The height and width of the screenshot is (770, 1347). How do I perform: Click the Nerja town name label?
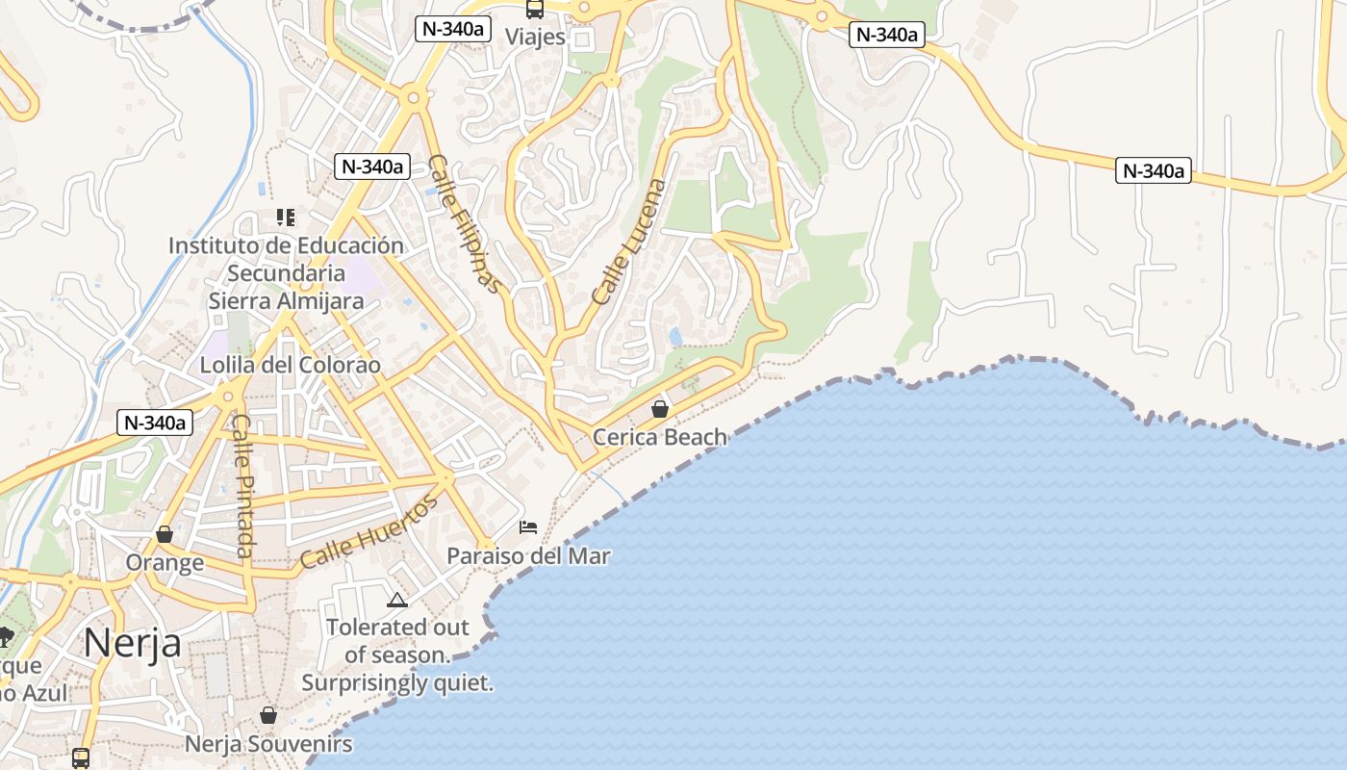tap(132, 642)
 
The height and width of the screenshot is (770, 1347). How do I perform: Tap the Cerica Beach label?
tap(660, 437)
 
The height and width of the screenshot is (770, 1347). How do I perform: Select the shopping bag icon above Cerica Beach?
tap(660, 409)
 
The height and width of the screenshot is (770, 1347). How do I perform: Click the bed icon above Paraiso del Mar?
tap(528, 527)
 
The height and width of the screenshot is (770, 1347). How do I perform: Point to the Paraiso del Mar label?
tap(528, 556)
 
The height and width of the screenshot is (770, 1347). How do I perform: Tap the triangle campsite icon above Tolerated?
tap(396, 601)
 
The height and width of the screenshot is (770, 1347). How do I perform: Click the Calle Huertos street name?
tap(369, 531)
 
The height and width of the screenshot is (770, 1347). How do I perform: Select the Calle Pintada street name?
tap(242, 486)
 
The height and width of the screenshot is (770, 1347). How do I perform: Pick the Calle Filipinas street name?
tap(465, 223)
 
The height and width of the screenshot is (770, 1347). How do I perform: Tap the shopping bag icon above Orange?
tap(165, 534)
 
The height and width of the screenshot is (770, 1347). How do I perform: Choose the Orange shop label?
tap(165, 562)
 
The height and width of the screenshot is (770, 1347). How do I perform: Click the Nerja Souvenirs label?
tap(268, 744)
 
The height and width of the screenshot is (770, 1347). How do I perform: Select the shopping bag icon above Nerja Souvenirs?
tap(268, 716)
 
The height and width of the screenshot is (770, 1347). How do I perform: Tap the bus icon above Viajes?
tap(535, 10)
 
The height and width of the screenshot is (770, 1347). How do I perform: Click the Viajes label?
tap(535, 38)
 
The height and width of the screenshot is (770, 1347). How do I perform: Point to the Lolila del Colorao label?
tap(290, 366)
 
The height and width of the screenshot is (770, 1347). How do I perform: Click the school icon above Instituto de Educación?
tap(285, 218)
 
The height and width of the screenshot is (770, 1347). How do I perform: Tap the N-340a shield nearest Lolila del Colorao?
tap(155, 422)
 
